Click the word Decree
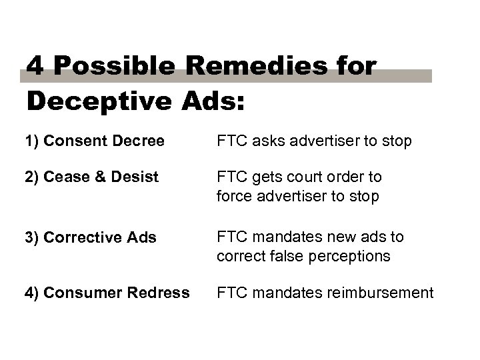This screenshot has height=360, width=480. [141, 141]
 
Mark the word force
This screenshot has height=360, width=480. [233, 197]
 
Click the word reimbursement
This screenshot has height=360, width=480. [377, 293]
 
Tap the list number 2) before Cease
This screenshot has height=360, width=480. [33, 177]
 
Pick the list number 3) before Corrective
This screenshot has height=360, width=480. [33, 238]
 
